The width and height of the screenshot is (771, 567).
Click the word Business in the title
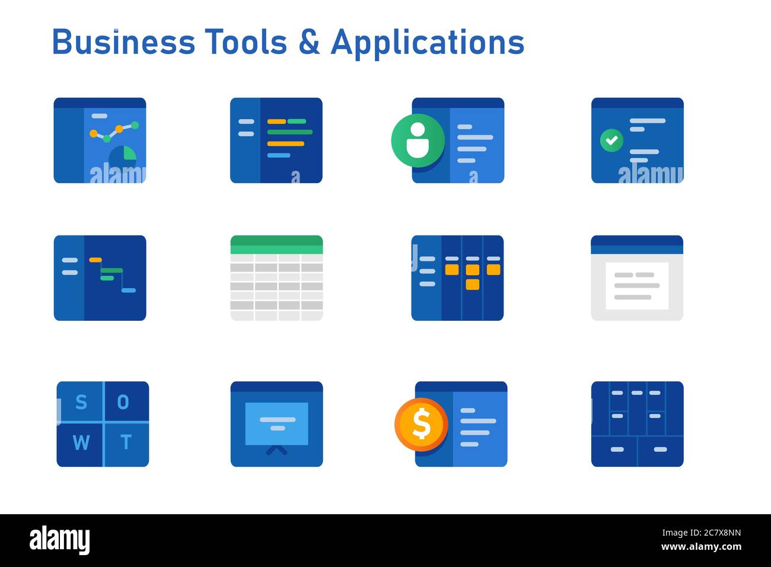123,42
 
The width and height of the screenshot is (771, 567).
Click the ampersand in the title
309,42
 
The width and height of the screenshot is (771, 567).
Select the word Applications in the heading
428,44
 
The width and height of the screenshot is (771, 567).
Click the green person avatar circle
418,141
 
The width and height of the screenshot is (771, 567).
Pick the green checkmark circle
611,140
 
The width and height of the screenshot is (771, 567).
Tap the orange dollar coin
421,425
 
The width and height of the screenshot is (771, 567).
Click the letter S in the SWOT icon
81,402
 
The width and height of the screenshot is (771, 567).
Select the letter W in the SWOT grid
81,442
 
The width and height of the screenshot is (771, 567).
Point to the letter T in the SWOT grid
126,442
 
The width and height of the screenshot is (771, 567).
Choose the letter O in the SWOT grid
123,402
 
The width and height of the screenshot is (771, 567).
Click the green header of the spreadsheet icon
277,245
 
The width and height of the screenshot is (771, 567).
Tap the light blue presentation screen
277,424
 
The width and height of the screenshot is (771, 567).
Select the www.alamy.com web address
702,547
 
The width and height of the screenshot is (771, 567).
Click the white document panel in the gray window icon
637,286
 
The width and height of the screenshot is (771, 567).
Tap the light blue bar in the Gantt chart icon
129,291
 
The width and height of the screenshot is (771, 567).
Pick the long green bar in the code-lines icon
290,132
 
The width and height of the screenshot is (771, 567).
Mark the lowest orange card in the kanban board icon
473,285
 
